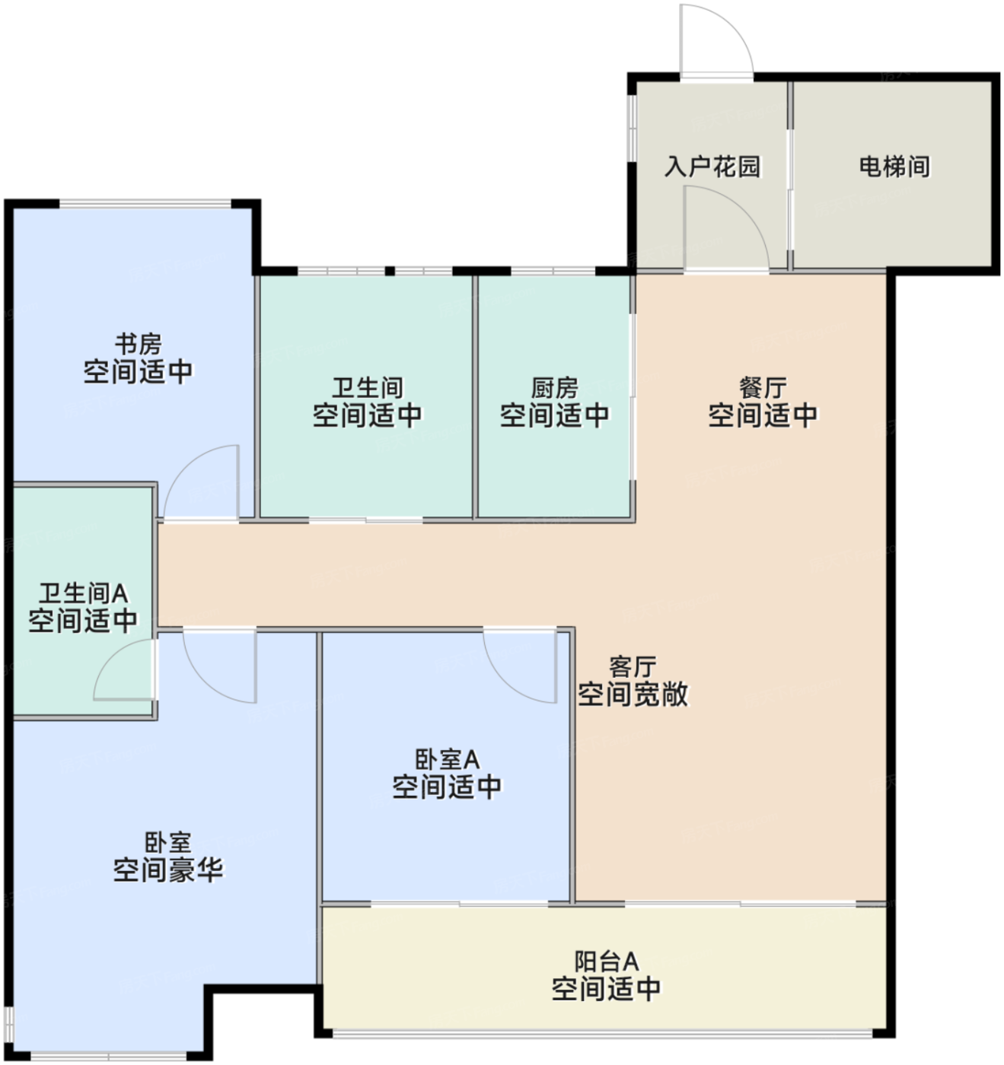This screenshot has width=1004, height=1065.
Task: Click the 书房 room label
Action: [x=139, y=344]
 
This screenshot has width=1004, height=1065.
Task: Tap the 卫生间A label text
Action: [x=83, y=593]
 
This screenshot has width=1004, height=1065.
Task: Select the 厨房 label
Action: [x=555, y=388]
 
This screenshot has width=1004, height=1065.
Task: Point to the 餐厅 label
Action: [x=763, y=388]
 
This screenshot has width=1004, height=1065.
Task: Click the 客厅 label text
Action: [x=633, y=667]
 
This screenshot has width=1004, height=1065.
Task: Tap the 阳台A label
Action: [x=607, y=961]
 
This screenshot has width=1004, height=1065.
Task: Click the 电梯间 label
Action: [x=894, y=167]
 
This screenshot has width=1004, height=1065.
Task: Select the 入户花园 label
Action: [x=712, y=167]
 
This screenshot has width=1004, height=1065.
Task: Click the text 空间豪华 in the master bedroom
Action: [x=168, y=869]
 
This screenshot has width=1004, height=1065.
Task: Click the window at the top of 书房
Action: [x=145, y=204]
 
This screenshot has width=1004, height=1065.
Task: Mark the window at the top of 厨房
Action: [x=553, y=271]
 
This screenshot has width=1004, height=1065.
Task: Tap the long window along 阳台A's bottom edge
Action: [x=603, y=1033]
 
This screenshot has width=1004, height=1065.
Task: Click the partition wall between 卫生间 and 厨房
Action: [x=475, y=397]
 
